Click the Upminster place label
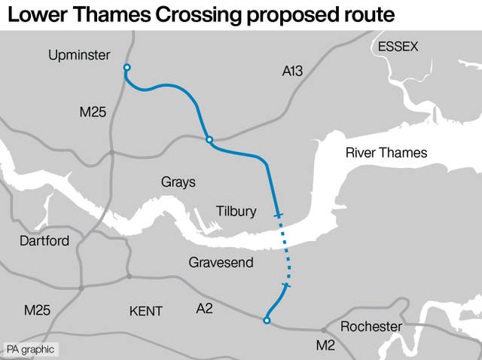coord(78,55)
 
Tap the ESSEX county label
coord(398,47)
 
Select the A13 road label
coord(292,72)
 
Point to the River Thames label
coord(386,153)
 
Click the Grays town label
coord(178,182)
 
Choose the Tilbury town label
coord(236,212)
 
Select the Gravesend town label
coord(220,263)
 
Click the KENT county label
coord(146,310)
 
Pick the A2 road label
coord(205,308)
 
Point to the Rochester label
coord(371,326)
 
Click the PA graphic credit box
coord(29,349)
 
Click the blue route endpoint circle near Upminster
coord(127,69)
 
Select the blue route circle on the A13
coord(209,139)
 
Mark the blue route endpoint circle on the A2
coord(266,321)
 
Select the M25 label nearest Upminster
coord(93,112)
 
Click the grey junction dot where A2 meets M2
coord(323,330)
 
